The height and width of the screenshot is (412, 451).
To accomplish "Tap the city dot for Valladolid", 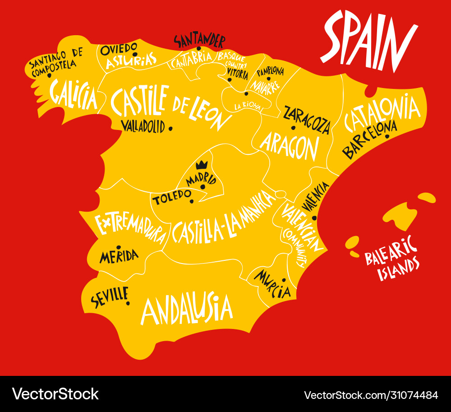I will coord(170,128).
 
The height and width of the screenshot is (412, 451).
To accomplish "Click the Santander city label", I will coord(199,41).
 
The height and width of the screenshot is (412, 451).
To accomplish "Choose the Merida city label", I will coord(119,256).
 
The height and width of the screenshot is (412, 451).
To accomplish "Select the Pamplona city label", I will coord(270,72).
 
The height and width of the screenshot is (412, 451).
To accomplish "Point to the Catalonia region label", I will coord(382,111).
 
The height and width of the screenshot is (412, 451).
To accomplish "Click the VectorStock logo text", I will coord(55,394).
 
